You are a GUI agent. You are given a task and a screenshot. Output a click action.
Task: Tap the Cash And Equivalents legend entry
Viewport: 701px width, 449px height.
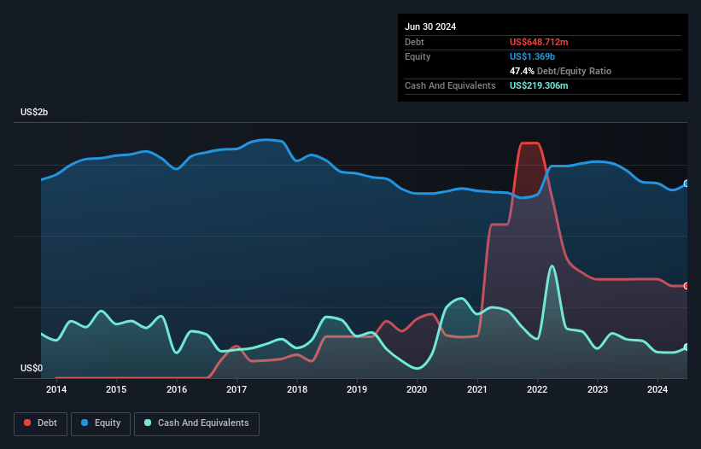(196, 423)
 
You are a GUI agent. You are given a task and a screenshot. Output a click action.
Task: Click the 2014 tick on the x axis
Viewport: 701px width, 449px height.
(56, 390)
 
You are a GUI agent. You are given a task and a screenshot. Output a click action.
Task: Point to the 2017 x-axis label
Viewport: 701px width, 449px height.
(237, 390)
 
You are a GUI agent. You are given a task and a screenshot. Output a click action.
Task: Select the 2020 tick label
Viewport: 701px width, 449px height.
(417, 390)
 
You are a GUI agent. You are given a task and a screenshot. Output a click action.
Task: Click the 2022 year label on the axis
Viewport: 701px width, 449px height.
(537, 390)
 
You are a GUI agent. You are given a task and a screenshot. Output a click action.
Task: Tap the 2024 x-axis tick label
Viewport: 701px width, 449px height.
(657, 390)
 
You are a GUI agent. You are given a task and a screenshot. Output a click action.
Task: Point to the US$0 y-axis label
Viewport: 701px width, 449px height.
(32, 369)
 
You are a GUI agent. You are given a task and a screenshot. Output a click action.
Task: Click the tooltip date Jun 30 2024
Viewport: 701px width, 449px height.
(430, 26)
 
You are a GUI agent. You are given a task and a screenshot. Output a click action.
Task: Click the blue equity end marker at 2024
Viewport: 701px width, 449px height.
(686, 184)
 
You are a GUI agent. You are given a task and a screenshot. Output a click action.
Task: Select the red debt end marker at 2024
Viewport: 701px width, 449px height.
(686, 286)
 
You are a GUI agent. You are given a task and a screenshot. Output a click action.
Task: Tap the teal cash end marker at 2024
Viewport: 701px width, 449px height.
(686, 347)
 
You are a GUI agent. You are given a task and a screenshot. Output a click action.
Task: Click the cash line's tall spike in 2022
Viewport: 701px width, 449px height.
(552, 266)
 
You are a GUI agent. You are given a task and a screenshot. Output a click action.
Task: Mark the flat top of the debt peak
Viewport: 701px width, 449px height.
(529, 143)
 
